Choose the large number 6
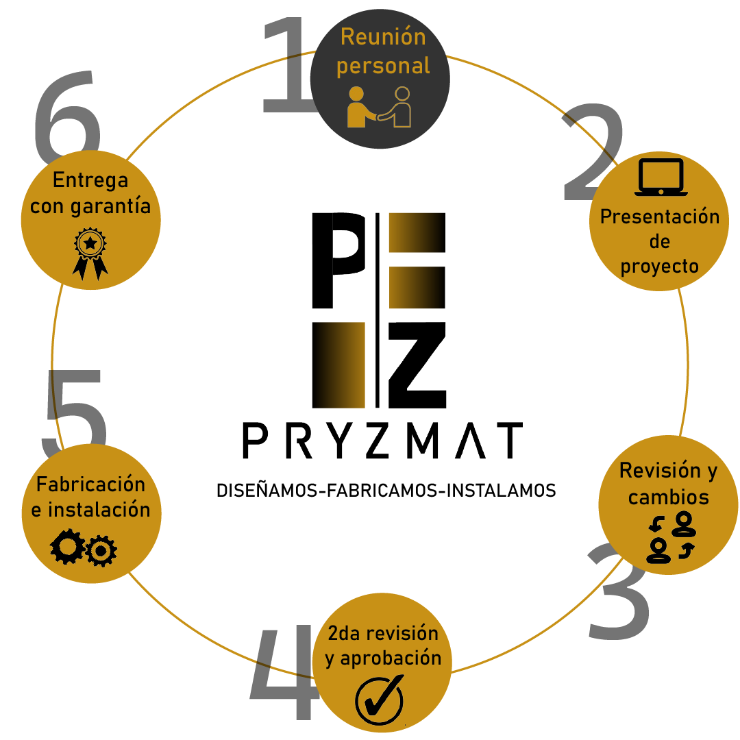point(65,113)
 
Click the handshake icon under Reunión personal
point(379,107)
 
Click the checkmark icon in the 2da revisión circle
point(379,700)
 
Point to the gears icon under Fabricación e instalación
point(84,549)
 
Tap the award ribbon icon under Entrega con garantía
point(90,254)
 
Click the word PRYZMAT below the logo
point(382,441)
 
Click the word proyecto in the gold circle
point(659,267)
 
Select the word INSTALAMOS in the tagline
point(501,491)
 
